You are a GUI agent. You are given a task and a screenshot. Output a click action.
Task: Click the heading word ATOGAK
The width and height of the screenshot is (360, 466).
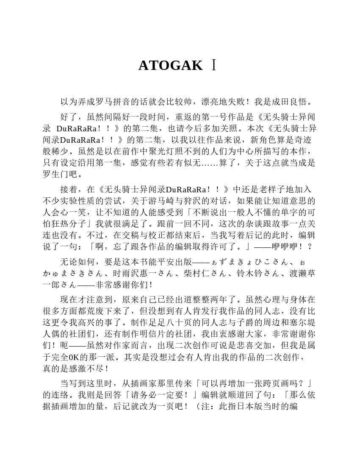tap(170, 66)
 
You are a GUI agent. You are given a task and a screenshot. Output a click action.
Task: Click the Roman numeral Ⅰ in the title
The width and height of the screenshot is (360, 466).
tap(214, 66)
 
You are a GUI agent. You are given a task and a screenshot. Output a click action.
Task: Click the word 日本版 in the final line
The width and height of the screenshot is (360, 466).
tap(260, 407)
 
